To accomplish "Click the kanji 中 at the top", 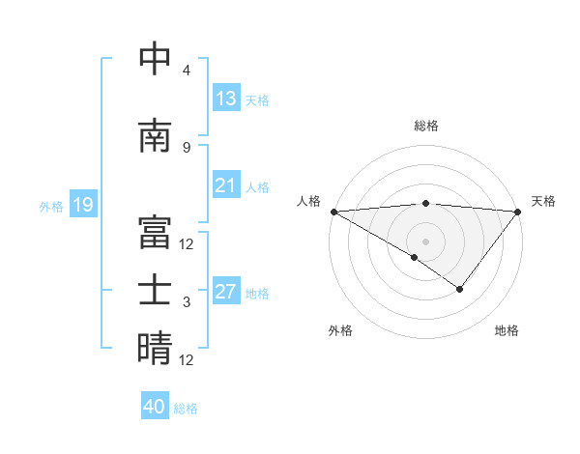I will (x=155, y=59).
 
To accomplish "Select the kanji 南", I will (x=155, y=136).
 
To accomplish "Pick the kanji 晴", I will (x=155, y=348).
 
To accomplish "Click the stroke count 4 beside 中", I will (x=187, y=70).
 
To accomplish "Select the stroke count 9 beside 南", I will (x=187, y=147).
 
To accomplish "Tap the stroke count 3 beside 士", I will (x=187, y=301).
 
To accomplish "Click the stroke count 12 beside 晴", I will (x=187, y=359).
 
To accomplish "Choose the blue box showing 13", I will (x=226, y=99).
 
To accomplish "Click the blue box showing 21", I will (x=226, y=185).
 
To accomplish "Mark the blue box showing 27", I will (x=226, y=292).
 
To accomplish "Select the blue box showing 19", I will (x=82, y=205).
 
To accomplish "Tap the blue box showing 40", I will (x=155, y=407).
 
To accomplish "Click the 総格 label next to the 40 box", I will (x=186, y=409).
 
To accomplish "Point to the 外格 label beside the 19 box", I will (x=51, y=206).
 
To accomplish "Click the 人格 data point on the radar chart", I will (x=333, y=212).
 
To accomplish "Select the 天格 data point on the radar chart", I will (x=518, y=212).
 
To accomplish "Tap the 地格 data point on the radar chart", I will (x=460, y=289).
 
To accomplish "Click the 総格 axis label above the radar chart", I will (x=425, y=126).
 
